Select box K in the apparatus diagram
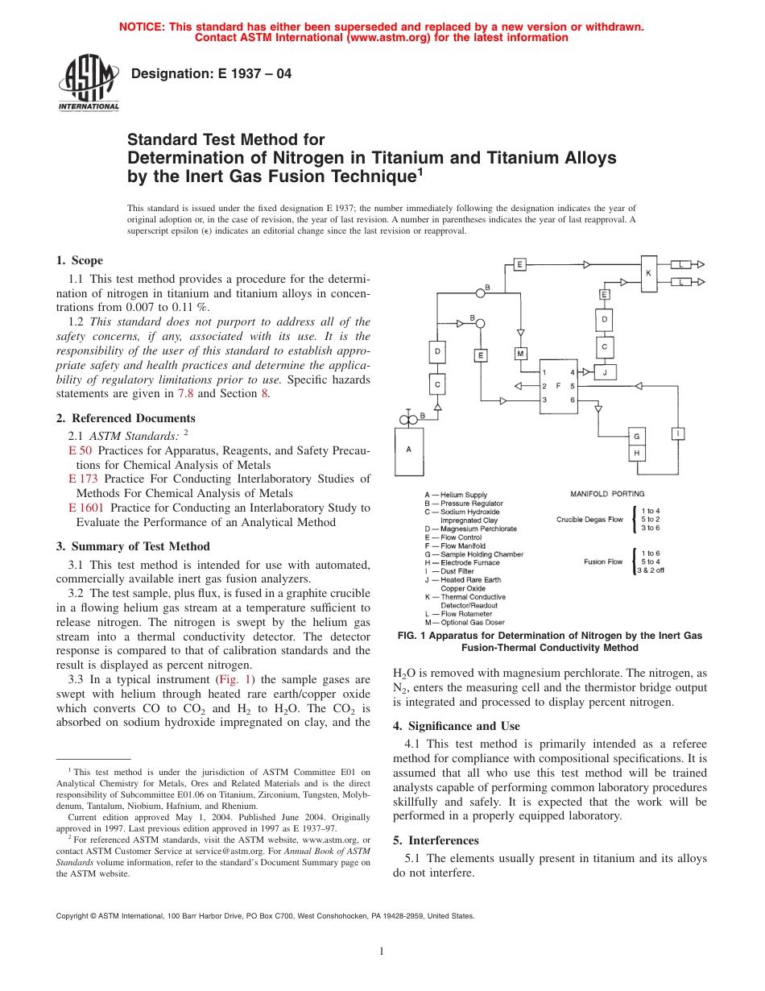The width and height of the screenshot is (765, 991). point(647,273)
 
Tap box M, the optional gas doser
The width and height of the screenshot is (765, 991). point(520,354)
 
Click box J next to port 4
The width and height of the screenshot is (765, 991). point(605,372)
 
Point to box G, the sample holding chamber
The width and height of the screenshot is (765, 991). point(636,436)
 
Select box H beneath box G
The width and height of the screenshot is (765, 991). point(636,453)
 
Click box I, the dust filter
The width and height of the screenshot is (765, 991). point(678,434)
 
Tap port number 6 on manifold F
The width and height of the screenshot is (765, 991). point(572,400)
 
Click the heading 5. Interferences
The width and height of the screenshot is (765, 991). point(437,840)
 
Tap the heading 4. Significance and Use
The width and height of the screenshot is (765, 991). point(457,726)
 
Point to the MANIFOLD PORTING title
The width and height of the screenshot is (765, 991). point(607,493)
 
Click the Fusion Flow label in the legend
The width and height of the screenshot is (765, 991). point(603,562)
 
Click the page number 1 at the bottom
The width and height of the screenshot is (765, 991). point(382,952)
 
